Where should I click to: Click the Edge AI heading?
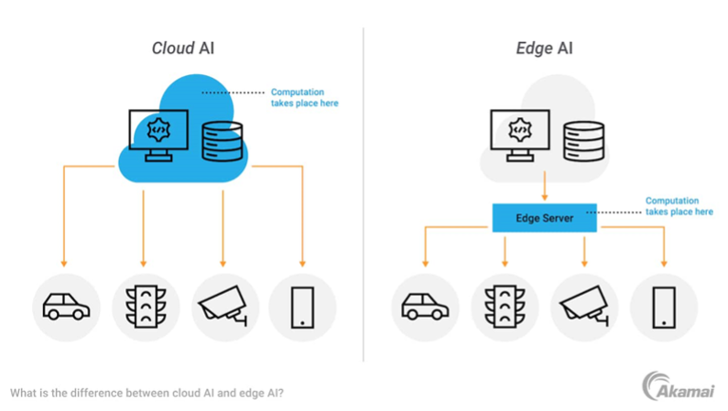(x=545, y=49)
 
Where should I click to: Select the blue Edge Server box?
(x=545, y=217)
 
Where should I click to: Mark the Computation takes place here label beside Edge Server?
(x=679, y=206)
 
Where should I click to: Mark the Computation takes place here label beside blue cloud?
(x=304, y=98)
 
